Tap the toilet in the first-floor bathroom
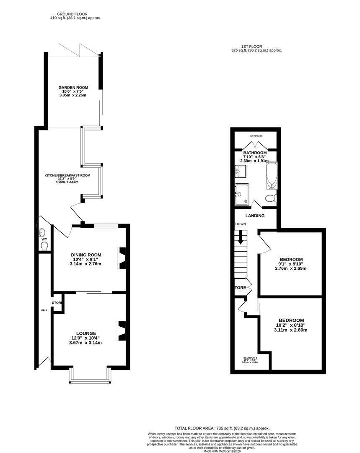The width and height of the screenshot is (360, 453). point(271,198)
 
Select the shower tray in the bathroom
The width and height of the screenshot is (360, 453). point(242,195)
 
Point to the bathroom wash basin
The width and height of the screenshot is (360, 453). point(241,171)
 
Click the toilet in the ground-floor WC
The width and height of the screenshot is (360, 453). point(44,245)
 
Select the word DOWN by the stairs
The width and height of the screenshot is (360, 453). point(241,224)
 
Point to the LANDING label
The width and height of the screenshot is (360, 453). point(255,216)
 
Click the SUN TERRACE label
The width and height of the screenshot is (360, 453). point(256,136)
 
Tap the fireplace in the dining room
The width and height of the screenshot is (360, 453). point(122,258)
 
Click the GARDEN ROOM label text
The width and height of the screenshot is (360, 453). point(73,88)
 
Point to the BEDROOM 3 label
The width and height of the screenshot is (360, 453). point(250,357)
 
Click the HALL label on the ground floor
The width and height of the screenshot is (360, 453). point(44,310)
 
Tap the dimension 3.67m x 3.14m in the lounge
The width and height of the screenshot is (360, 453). point(85,342)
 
